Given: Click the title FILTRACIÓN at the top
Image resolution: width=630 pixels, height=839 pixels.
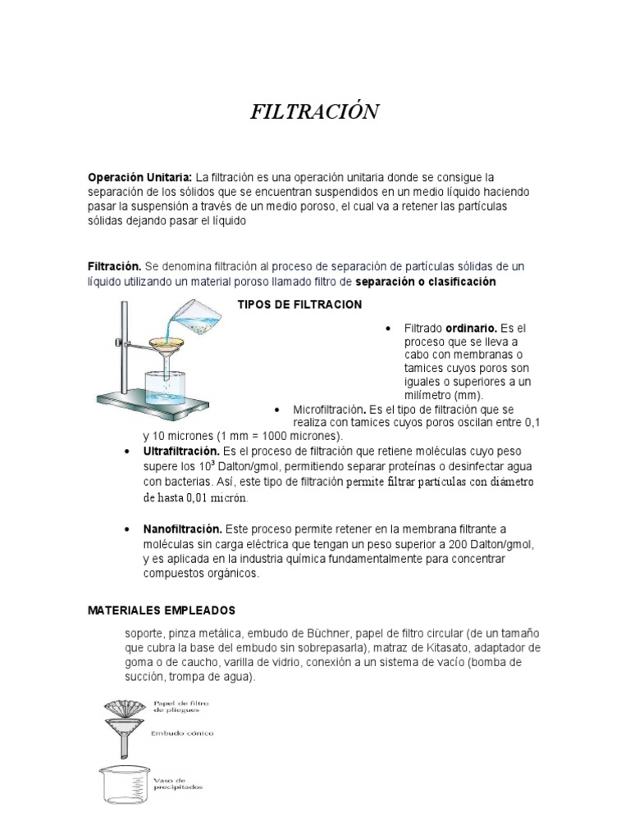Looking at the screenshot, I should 314,112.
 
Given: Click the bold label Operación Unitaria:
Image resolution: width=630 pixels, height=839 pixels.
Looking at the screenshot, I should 139,177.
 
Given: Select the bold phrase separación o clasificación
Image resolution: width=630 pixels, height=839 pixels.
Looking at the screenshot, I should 426,282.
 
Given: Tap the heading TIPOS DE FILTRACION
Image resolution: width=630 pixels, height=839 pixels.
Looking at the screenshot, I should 299,305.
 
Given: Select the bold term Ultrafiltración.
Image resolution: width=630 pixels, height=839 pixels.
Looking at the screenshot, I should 181,451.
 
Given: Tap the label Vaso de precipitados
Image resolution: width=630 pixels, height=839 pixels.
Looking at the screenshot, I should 177,784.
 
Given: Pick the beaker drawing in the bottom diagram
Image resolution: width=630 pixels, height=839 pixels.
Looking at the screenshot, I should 123,785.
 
